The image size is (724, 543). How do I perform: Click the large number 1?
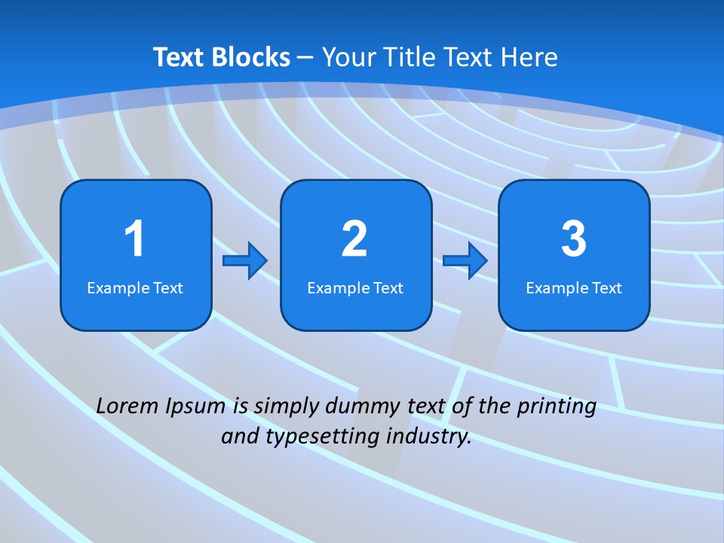(134, 239)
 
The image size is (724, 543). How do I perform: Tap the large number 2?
(354, 239)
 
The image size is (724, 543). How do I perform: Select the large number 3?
(574, 239)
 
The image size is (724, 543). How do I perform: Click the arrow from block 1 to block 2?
(245, 261)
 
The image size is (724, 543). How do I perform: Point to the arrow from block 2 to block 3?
(465, 261)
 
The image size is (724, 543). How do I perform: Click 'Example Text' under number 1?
(135, 287)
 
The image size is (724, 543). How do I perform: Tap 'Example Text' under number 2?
(355, 287)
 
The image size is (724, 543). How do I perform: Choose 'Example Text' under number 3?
(574, 287)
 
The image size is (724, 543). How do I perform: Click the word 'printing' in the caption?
(557, 406)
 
